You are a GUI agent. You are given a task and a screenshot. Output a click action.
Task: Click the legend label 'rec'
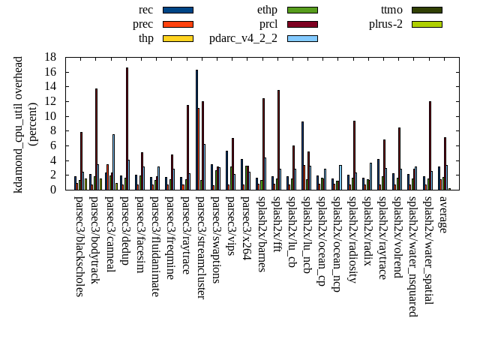(146, 10)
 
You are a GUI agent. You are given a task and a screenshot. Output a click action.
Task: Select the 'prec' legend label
(142, 24)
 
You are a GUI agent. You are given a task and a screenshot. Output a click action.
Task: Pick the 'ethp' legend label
(267, 10)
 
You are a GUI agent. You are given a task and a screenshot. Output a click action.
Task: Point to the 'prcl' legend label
(268, 24)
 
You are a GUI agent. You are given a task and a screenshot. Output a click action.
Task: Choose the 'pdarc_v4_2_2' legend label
(243, 38)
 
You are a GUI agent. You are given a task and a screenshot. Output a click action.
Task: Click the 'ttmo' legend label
(391, 10)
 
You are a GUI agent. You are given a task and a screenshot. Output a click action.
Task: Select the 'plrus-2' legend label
(385, 24)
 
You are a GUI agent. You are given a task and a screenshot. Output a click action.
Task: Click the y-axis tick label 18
(51, 57)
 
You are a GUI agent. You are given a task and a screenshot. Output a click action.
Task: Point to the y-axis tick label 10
(51, 116)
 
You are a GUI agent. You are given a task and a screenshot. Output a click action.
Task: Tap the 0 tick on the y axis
(54, 190)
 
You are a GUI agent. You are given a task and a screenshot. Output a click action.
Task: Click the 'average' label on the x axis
(443, 214)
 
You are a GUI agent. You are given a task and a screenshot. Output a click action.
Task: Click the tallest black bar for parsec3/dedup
(127, 128)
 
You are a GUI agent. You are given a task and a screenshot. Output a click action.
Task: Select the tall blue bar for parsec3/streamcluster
(196, 130)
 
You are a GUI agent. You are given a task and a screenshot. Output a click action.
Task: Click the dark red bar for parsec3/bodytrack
(96, 139)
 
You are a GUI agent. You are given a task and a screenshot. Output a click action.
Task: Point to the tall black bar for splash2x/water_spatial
(430, 145)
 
